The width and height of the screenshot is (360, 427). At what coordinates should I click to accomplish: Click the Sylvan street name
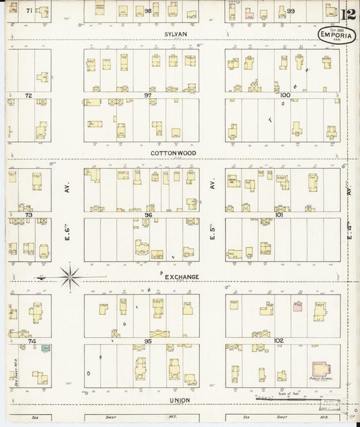point(175,32)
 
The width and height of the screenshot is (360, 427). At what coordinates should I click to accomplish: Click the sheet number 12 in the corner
point(349,16)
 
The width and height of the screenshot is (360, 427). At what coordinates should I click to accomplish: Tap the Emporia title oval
point(335,35)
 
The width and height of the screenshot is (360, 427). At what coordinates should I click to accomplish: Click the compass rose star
point(70,276)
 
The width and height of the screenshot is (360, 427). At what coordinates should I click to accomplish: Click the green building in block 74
point(46,348)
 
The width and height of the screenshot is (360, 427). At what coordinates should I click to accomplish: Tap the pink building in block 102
point(297,306)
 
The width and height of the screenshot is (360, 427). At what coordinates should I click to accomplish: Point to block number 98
point(148,11)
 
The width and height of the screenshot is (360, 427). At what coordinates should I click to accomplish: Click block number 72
point(28,96)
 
